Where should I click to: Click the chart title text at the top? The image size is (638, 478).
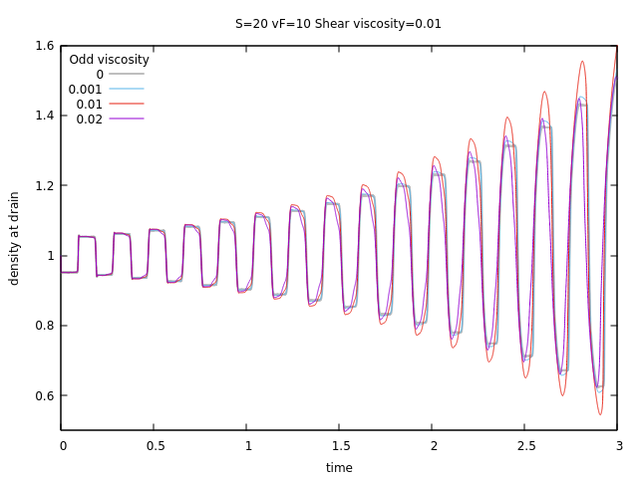click(x=338, y=23)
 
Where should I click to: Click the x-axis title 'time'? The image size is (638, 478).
click(x=339, y=467)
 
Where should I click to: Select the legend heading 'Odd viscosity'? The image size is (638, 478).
click(x=109, y=60)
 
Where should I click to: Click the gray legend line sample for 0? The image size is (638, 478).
click(x=127, y=74)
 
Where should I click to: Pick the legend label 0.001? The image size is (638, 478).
click(x=86, y=89)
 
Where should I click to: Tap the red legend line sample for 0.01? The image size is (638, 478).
click(x=127, y=104)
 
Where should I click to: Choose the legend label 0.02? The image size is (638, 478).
click(x=90, y=119)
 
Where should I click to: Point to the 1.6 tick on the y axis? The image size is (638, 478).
click(x=42, y=46)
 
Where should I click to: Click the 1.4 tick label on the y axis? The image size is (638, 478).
click(x=42, y=116)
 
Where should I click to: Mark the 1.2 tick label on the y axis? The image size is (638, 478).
click(x=42, y=185)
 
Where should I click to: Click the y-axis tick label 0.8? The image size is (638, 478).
click(x=42, y=326)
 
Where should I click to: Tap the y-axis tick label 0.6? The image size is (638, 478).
click(x=42, y=395)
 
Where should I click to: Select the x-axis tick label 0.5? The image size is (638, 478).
click(x=155, y=445)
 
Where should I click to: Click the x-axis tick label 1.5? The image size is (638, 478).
click(x=340, y=445)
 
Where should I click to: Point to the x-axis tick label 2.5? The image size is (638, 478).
click(x=525, y=445)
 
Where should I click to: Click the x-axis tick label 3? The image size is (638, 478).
click(x=618, y=445)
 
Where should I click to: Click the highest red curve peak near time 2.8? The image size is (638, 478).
click(x=582, y=61)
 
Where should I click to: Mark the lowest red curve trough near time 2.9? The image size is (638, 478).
click(x=600, y=414)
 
